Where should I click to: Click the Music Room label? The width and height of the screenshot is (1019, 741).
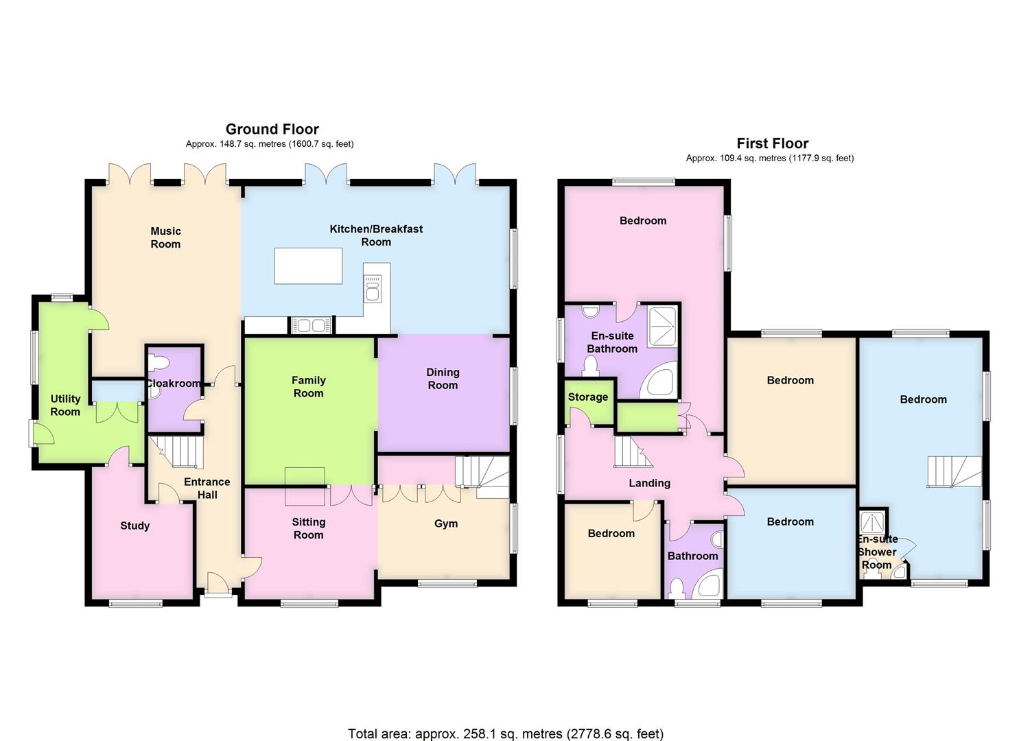tap(165, 237)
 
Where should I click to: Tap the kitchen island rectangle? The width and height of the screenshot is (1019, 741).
tap(308, 266)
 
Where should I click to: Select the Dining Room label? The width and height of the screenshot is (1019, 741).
tap(443, 379)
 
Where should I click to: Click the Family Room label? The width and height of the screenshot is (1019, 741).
tap(308, 386)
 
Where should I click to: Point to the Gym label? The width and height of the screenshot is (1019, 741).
tap(446, 524)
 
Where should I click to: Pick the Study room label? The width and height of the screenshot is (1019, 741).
tap(134, 526)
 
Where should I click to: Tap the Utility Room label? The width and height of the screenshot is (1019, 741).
tap(65, 405)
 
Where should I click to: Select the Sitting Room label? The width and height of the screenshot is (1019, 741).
tap(308, 528)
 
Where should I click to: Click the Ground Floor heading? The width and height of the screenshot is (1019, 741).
tap(272, 129)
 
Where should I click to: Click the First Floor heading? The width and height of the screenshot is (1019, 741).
tap(772, 143)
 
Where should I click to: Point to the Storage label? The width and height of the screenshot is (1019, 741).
tap(587, 397)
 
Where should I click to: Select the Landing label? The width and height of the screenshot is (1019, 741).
tap(649, 483)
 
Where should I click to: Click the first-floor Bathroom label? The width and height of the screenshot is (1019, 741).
tap(692, 556)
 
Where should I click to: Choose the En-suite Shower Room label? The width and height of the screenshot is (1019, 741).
tap(877, 552)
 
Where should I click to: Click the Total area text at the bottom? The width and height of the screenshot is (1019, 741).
tap(506, 733)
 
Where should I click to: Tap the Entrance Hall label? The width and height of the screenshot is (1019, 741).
tap(207, 488)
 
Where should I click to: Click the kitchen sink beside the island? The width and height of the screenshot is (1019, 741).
tap(373, 288)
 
